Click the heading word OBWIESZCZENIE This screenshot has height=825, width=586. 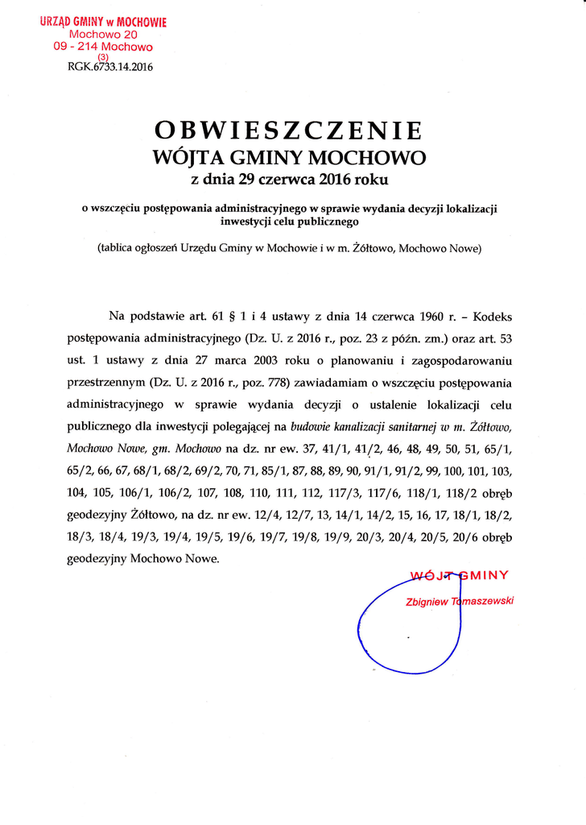coord(287,130)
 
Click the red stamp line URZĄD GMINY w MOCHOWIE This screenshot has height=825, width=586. coord(103,22)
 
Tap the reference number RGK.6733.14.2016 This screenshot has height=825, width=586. coord(110,67)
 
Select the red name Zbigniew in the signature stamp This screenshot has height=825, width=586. coord(428,601)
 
